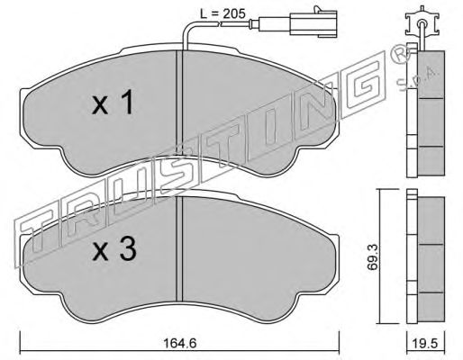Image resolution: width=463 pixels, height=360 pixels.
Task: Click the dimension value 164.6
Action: (x=180, y=343)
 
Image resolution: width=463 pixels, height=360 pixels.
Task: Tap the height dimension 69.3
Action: (x=373, y=257)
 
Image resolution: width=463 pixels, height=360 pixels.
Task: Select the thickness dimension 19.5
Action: (x=426, y=343)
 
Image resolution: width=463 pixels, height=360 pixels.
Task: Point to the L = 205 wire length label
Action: (x=222, y=13)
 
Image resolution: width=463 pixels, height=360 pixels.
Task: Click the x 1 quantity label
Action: (x=113, y=103)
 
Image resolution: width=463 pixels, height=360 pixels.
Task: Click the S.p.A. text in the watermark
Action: (x=418, y=78)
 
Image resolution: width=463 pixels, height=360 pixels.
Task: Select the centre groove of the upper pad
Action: (x=179, y=103)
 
